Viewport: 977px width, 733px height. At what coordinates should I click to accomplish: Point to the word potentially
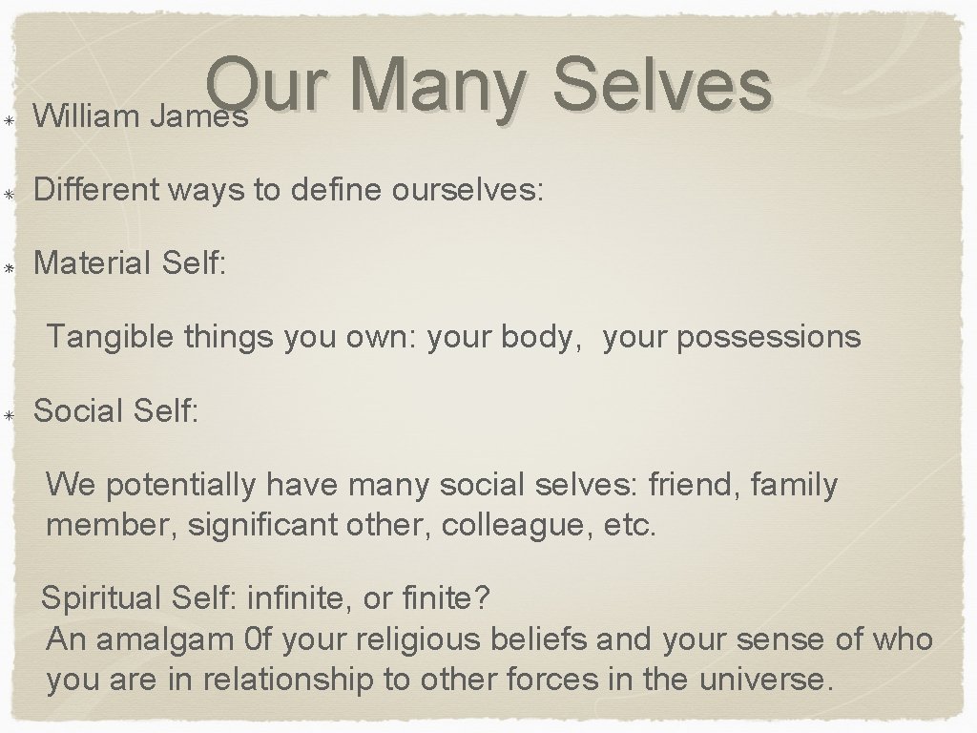181,486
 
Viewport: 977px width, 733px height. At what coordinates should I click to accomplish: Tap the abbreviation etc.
631,524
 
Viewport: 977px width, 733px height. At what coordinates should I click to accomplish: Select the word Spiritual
104,600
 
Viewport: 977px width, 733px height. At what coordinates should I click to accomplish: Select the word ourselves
467,192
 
